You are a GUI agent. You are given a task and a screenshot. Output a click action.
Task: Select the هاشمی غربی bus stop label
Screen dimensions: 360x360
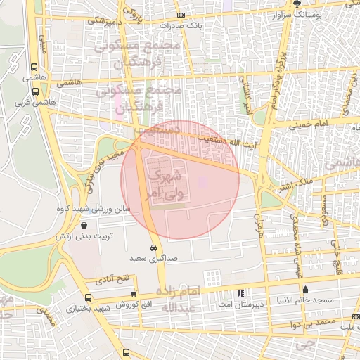click(34, 101)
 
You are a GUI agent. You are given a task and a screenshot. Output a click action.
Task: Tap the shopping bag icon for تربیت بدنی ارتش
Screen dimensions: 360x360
click(85, 226)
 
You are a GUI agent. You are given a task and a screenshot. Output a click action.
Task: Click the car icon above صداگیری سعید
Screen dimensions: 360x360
click(153, 247)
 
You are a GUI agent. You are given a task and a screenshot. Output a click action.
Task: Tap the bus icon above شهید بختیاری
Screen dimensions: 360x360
click(87, 297)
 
